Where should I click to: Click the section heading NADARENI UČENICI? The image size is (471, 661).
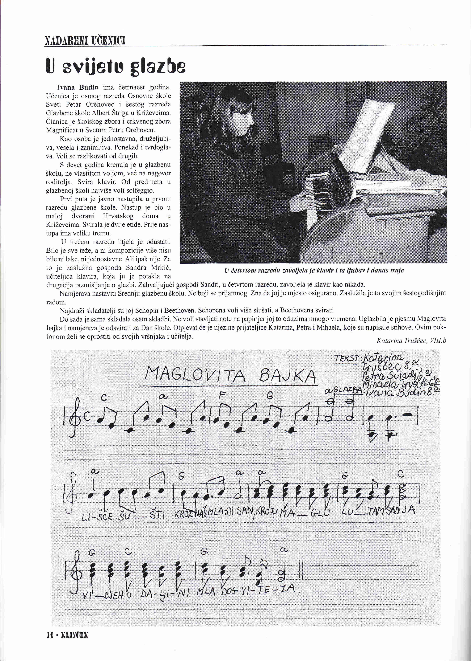click(85, 41)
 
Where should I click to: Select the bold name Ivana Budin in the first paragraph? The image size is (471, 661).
click(78, 87)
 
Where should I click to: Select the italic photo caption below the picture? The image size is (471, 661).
click(314, 271)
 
